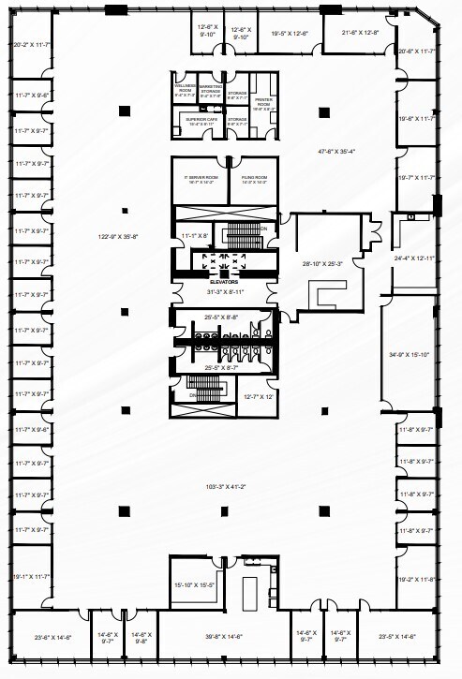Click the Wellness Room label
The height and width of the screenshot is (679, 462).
point(184,90)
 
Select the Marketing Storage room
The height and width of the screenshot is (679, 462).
point(211,90)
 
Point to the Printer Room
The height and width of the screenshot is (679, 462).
point(263,105)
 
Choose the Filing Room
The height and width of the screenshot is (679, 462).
point(254,178)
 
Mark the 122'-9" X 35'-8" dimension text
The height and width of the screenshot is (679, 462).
point(119,236)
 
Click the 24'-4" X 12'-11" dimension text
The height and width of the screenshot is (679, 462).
point(414,258)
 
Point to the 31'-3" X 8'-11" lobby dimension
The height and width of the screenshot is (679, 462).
point(224,291)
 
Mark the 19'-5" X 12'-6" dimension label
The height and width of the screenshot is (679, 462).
point(290,34)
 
